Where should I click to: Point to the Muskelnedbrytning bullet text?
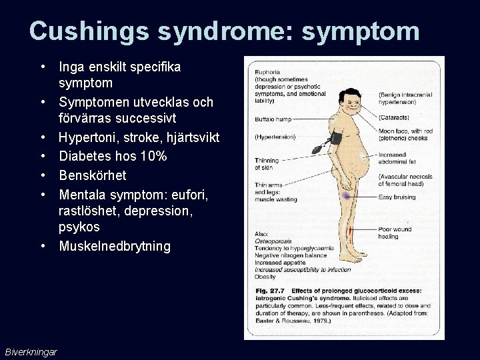(x=115, y=246)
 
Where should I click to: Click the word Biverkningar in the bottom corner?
(x=31, y=351)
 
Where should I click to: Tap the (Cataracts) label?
(x=396, y=117)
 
